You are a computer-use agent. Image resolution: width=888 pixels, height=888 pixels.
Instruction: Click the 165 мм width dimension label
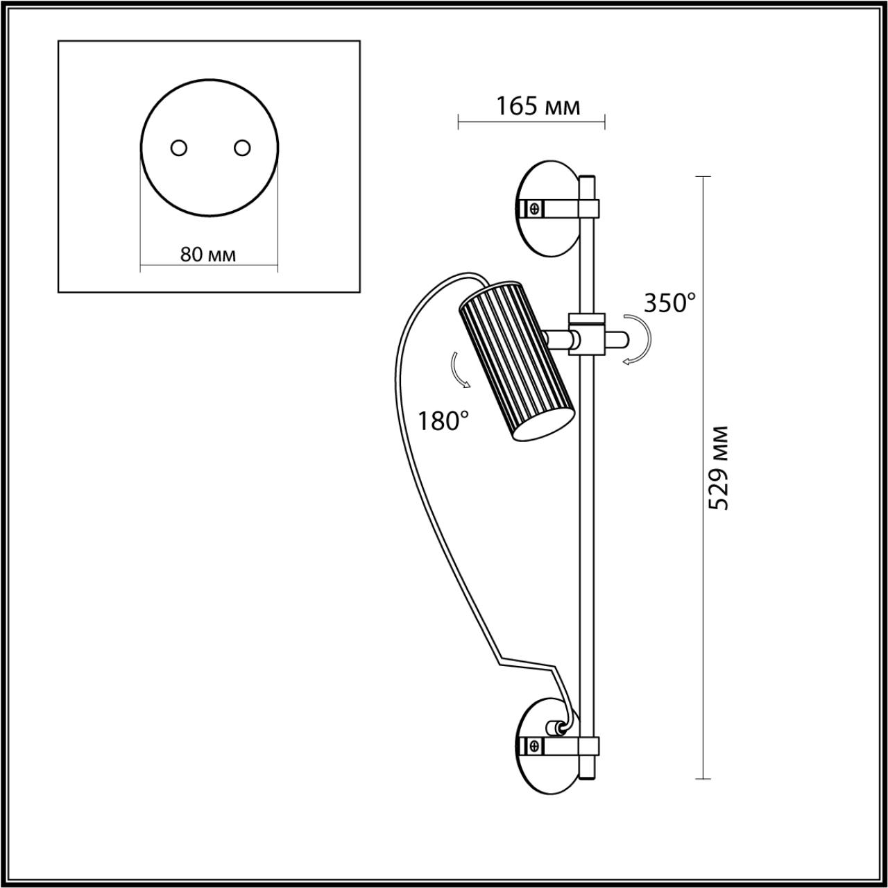[x=538, y=106]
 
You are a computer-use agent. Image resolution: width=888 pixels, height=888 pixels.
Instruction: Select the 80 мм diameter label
[x=208, y=255]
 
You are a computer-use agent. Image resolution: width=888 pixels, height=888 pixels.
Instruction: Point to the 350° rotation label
[x=669, y=303]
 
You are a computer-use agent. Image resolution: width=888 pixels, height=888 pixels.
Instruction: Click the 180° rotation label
[x=443, y=420]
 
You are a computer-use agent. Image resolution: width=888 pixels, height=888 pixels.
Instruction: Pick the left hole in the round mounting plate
[x=179, y=148]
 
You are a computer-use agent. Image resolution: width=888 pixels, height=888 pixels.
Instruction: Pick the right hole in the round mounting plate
[x=241, y=148]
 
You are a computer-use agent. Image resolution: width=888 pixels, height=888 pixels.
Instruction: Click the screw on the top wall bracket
[x=534, y=207]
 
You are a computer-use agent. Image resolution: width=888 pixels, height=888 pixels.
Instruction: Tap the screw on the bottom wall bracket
[x=534, y=746]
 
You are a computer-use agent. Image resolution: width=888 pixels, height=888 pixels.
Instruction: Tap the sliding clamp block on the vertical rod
[x=587, y=334]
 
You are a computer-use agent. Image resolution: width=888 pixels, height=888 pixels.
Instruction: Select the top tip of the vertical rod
[x=587, y=179]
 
